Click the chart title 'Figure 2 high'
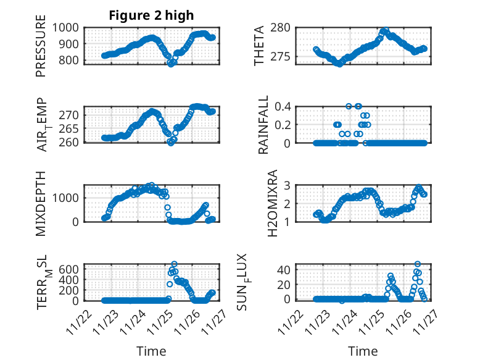tap(151, 15)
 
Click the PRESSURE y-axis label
tap(41, 49)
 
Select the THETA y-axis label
tap(259, 45)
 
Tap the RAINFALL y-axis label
tap(263, 125)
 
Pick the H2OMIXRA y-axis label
tap(263, 203)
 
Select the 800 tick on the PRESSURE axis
tap(69, 61)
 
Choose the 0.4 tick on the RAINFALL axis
tap(283, 106)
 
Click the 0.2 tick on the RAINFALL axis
tap(283, 125)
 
